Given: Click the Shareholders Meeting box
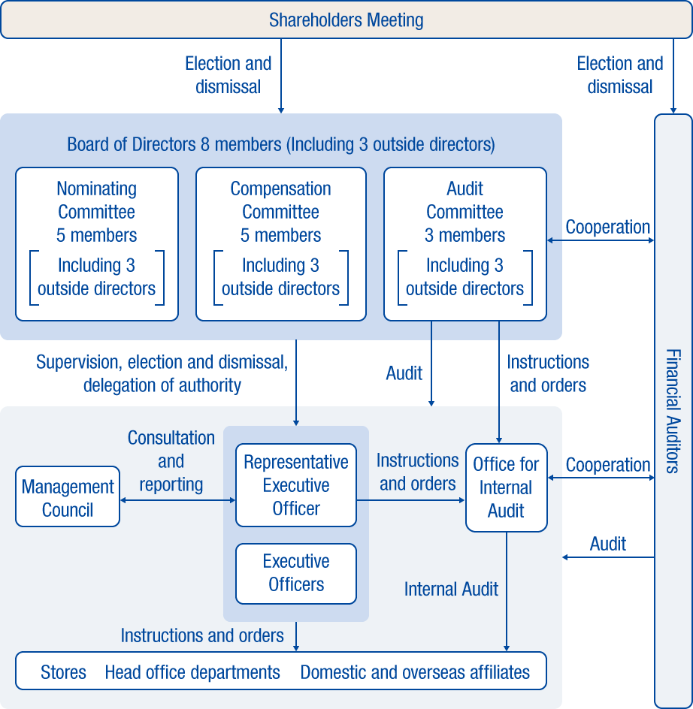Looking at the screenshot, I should coord(346,20).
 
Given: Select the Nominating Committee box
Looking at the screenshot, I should coord(97,243).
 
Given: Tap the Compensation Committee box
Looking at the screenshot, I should coord(280,243).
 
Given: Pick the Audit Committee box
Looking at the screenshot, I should coord(465,243).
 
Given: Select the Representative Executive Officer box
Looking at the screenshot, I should coord(296,485).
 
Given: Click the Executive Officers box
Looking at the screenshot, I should coord(296,573).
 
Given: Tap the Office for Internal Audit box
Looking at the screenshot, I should coord(506,487).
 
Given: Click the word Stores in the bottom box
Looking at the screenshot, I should coord(63,672).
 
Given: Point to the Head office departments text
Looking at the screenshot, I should coord(192,672).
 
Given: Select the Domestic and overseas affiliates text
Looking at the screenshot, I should coord(415,672).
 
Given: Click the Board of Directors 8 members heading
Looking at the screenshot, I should coord(281,144).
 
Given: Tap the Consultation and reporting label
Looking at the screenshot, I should coord(171,461).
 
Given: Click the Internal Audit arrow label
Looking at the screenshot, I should coord(451,590).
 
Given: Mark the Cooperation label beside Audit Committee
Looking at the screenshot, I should coord(607,227).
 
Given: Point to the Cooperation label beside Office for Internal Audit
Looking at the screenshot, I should coord(607,465).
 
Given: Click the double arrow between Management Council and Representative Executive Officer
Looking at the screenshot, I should coord(177,500).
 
